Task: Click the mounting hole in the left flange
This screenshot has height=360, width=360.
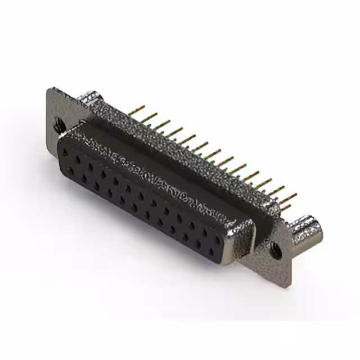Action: (58, 127)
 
